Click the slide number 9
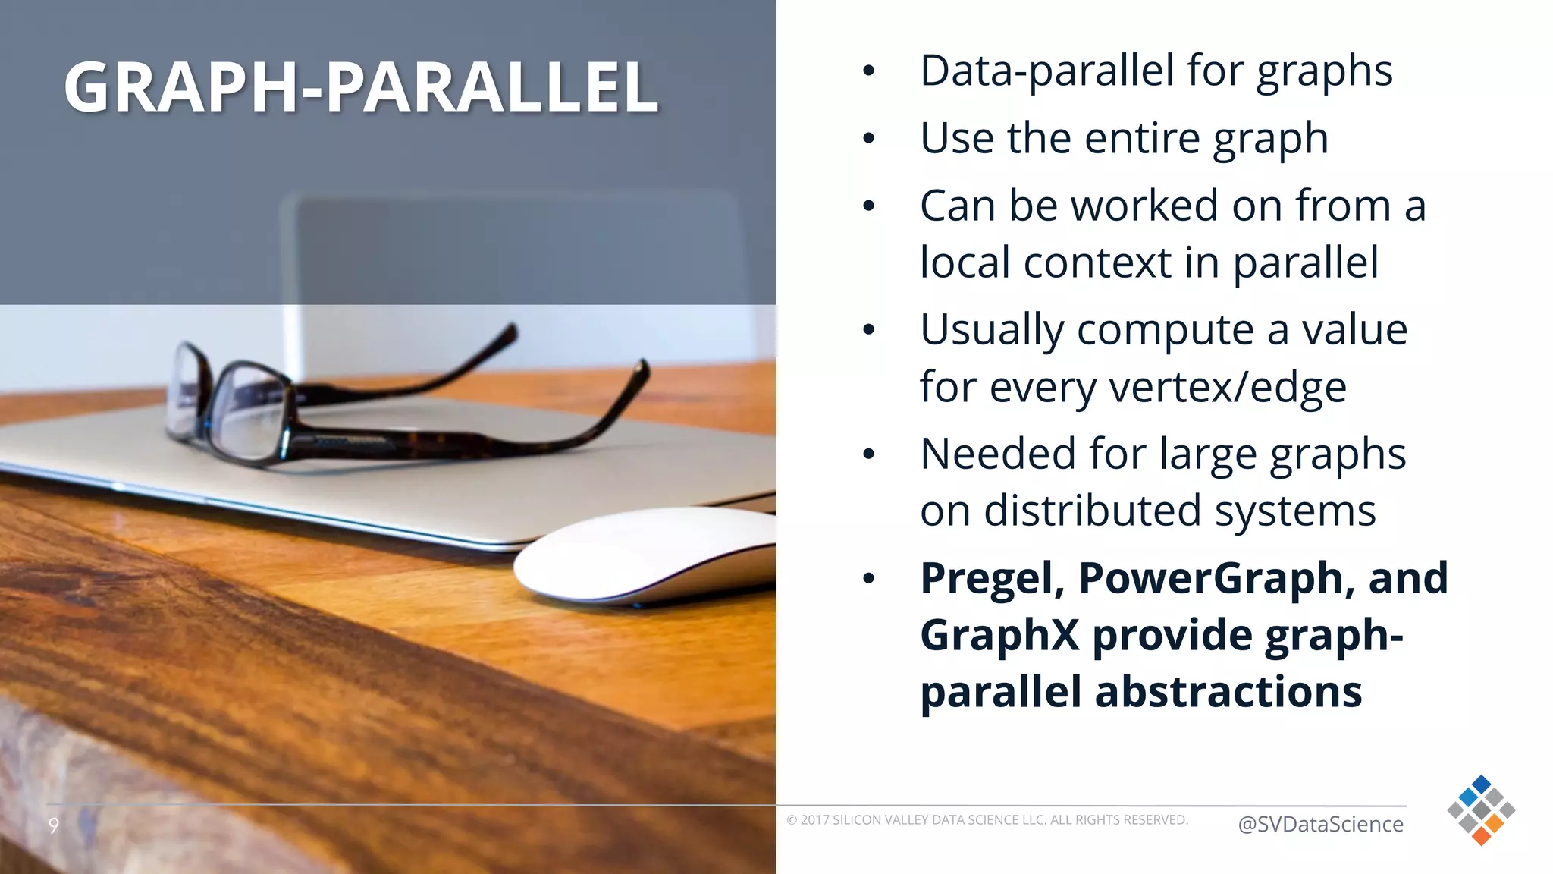tap(54, 825)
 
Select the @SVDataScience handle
tap(1320, 824)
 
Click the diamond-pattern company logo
tap(1481, 810)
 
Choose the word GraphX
tap(999, 635)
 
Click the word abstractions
tap(1228, 692)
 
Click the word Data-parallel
tap(1047, 71)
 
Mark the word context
tap(1098, 263)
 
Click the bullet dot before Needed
tap(869, 454)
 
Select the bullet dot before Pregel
tap(869, 579)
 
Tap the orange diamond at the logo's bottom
tap(1481, 837)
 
